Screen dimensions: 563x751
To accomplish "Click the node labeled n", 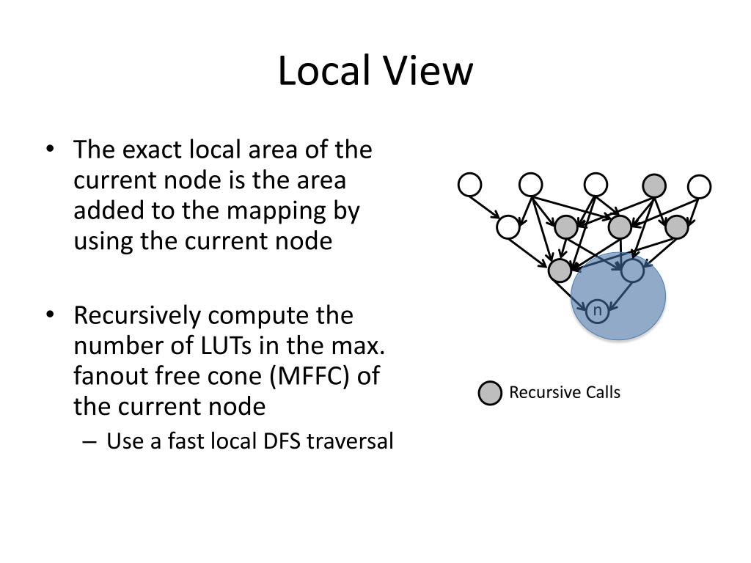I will [597, 312].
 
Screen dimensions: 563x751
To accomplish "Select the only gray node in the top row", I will [655, 185].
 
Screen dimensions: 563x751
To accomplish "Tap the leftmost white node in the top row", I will [470, 185].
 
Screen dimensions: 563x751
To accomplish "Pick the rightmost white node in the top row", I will [700, 186].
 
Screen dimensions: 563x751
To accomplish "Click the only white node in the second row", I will [508, 227].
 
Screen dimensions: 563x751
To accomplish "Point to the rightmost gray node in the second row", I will [677, 227].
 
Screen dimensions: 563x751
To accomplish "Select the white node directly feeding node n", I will [632, 271].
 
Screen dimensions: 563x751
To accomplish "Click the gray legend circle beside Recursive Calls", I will [490, 394].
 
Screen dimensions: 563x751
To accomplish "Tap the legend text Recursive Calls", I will [565, 393].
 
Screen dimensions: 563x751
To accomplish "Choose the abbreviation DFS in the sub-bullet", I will [276, 441].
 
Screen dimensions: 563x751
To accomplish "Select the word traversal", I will [351, 441].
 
